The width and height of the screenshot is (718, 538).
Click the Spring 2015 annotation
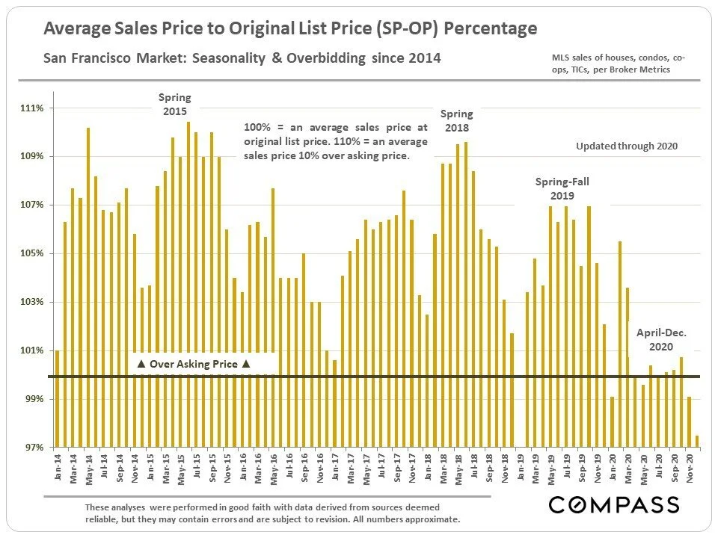click(x=174, y=104)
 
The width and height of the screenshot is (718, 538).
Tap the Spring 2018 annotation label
click(x=456, y=120)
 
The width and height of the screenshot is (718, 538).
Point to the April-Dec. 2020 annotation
click(x=661, y=340)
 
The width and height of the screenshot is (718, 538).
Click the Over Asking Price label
click(x=194, y=364)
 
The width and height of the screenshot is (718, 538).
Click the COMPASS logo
click(x=614, y=504)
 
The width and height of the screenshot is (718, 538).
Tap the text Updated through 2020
click(x=627, y=146)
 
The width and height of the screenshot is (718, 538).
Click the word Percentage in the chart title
click(x=492, y=29)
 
